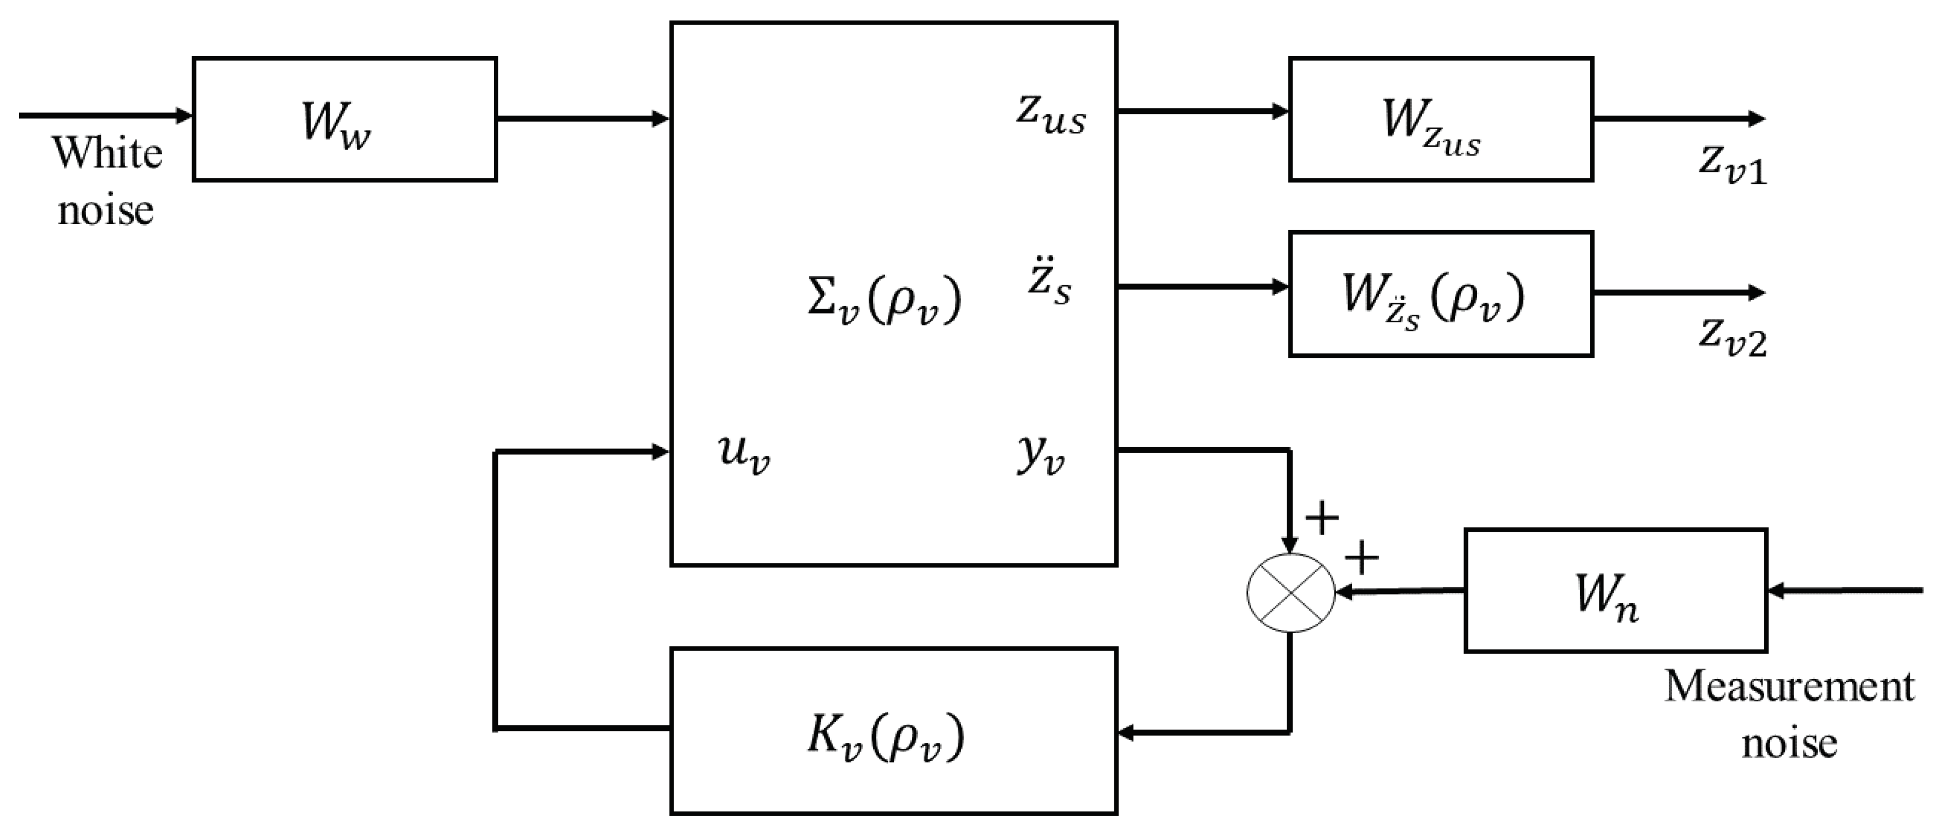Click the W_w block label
337,123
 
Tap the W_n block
1615,590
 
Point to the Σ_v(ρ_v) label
884,301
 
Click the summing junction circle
1291,593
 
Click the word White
106,154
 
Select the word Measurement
1788,687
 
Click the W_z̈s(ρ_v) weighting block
1440,293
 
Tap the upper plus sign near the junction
1322,518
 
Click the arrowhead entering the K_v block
1126,732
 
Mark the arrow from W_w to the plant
582,118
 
